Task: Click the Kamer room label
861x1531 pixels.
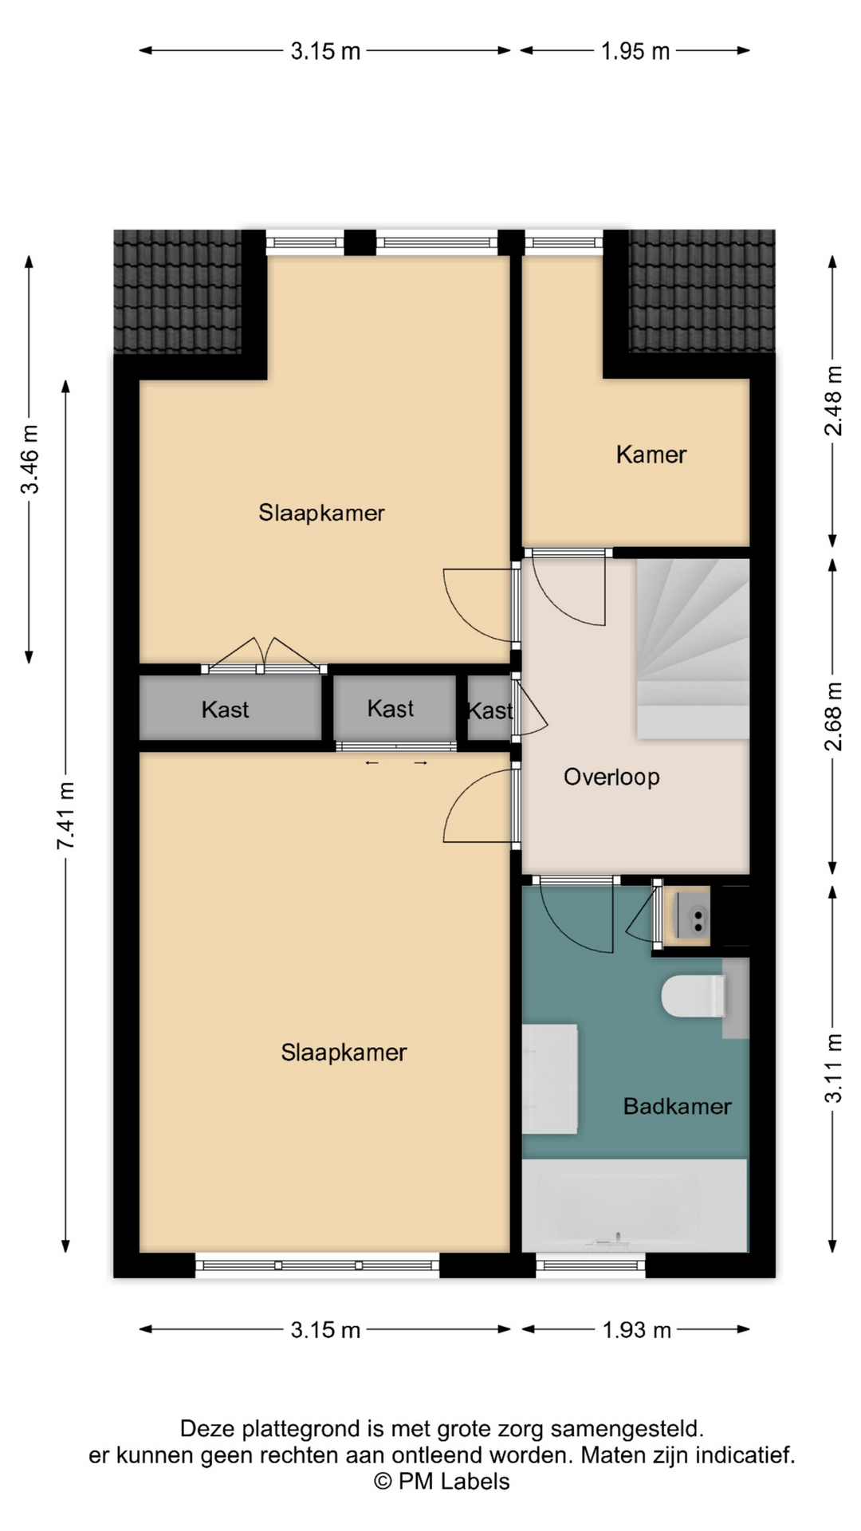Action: pos(651,455)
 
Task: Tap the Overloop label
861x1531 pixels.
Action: pos(611,777)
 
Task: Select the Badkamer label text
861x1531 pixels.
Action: pos(677,1106)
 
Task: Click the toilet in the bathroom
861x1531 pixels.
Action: pos(694,996)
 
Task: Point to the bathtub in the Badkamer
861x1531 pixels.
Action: pos(635,1205)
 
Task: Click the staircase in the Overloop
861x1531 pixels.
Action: pos(693,648)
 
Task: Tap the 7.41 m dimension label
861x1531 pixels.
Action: pos(65,815)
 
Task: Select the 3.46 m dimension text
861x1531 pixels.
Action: pos(29,459)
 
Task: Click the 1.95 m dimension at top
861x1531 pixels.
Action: pos(635,51)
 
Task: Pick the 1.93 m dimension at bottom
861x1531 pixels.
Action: pos(636,1330)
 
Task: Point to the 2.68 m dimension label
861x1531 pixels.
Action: pos(833,716)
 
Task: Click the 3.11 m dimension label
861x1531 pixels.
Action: pos(833,1069)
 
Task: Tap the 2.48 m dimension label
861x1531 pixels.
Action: pos(833,400)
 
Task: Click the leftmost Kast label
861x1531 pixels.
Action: pos(225,710)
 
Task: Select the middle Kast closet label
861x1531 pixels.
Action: pos(391,709)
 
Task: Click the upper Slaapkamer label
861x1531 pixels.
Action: pos(321,513)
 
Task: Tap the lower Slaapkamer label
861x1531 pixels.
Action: pos(344,1053)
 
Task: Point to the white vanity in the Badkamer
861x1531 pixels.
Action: pos(549,1079)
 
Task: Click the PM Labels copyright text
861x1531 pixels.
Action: pos(442,1482)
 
